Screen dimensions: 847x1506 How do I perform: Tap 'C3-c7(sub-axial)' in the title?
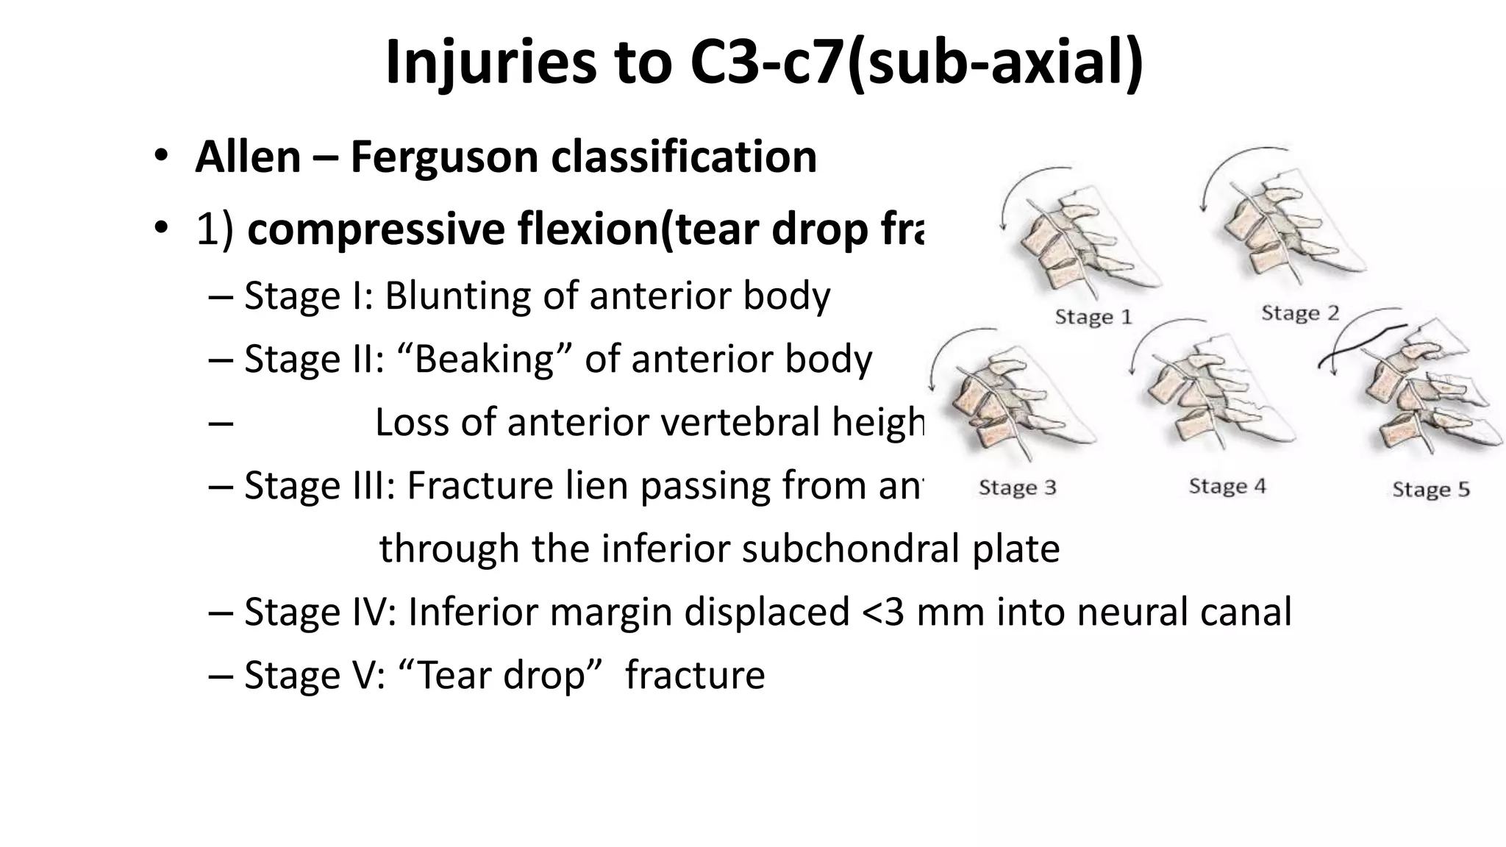[916, 62]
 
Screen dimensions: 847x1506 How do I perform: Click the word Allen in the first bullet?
[249, 157]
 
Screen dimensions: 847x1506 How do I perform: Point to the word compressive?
[374, 229]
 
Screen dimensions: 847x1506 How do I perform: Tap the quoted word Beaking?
[484, 360]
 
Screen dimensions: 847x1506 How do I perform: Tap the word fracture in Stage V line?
[695, 675]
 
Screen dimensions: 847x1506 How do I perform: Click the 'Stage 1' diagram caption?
[1093, 317]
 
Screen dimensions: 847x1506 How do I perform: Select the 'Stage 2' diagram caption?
[1300, 313]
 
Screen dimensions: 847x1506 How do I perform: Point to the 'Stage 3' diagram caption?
[1017, 487]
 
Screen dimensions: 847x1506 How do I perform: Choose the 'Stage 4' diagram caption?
[1227, 486]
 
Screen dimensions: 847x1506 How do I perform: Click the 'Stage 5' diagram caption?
[1430, 489]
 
